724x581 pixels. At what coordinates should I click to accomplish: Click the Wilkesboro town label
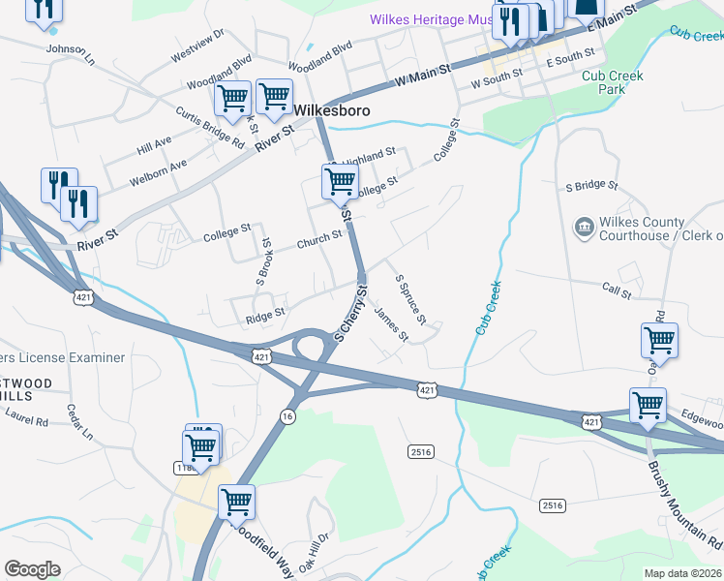tap(331, 110)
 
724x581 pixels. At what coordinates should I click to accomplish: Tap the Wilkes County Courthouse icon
tap(585, 229)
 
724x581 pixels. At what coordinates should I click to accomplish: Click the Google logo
tap(32, 568)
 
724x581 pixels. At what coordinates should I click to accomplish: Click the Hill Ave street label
tap(154, 145)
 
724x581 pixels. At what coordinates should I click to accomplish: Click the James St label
tap(391, 324)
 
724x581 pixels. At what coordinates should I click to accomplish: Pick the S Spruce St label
tap(411, 299)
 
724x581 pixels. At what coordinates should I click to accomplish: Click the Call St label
tap(616, 291)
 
